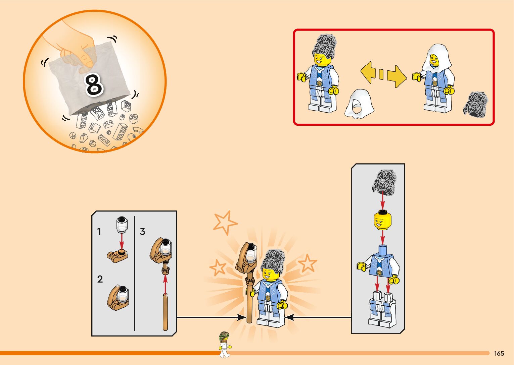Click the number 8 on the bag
tap(94, 85)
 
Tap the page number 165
tap(499, 353)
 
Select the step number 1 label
tap(99, 231)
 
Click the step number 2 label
tap(100, 279)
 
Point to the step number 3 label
tap(142, 231)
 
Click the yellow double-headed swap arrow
tap(383, 74)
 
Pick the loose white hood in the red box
tap(359, 104)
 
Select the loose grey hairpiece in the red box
tap(475, 105)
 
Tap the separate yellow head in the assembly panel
tap(382, 220)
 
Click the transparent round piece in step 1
tap(122, 225)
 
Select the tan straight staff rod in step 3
tap(165, 312)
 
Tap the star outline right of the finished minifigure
tap(307, 263)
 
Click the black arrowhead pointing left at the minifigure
tap(289, 317)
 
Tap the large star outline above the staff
tap(225, 222)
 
